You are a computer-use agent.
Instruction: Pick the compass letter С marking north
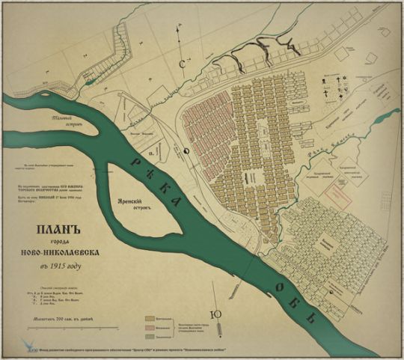coord(183,64)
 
